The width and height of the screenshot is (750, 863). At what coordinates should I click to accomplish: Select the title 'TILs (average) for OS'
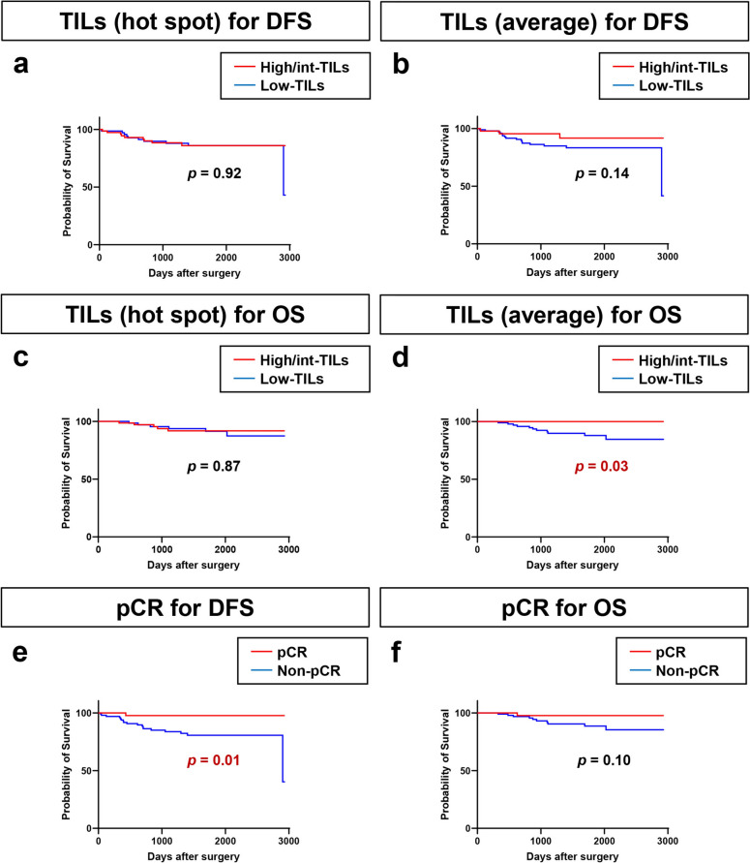[562, 313]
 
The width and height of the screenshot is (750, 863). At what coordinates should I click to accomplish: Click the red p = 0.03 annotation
[591, 467]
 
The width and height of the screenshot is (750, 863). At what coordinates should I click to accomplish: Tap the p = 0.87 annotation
[213, 467]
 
